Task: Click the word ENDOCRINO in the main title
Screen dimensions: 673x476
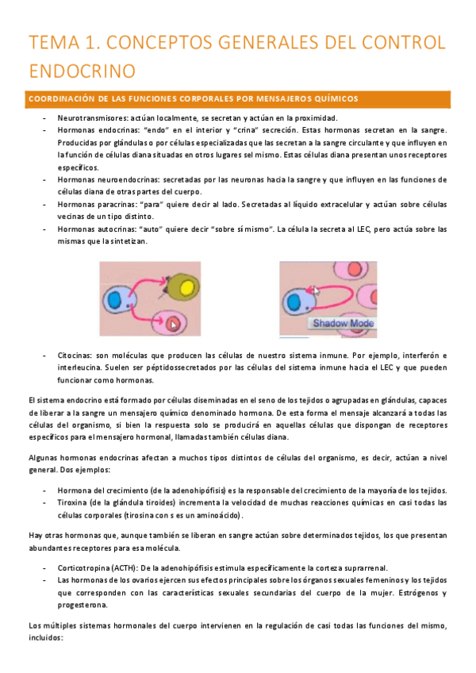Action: tap(77, 71)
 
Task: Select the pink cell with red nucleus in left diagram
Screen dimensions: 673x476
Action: tap(173, 322)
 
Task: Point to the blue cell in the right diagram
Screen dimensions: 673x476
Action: tap(296, 302)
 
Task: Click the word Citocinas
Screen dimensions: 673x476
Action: tap(75, 354)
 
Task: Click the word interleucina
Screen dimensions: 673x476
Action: tap(83, 367)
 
